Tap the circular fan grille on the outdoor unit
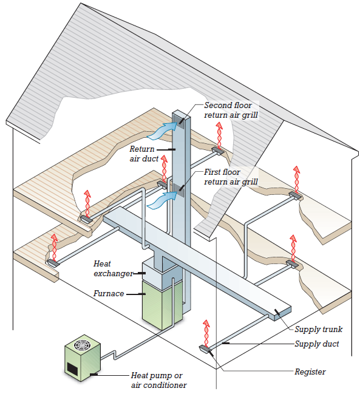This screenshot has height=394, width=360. (81, 345)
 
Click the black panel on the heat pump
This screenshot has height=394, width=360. (72, 369)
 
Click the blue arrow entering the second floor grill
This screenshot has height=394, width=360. (161, 131)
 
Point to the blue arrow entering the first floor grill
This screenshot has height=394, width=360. (161, 200)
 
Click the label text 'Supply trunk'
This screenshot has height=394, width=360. (318, 329)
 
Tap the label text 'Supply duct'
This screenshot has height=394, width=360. (316, 344)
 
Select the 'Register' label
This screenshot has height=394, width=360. (310, 372)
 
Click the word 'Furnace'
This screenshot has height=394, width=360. (109, 293)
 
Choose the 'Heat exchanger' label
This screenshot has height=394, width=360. (113, 268)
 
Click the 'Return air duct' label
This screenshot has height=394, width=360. (144, 154)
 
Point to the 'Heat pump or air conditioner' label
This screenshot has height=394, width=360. (159, 380)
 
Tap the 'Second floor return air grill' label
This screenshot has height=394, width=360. (231, 110)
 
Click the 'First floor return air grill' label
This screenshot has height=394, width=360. (231, 177)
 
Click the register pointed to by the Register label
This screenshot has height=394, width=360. (206, 349)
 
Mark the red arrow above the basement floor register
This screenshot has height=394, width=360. (206, 333)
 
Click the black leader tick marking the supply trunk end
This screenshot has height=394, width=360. (277, 312)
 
